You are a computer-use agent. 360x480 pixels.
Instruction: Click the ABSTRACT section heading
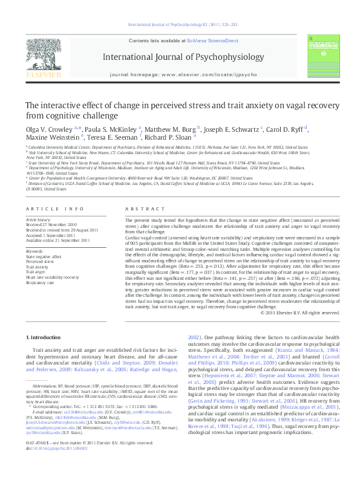click(x=138, y=209)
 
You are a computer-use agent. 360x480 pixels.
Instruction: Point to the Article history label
click(x=38, y=218)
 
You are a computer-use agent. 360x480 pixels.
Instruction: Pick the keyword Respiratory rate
click(x=40, y=282)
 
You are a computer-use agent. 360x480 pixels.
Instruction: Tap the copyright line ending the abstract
click(x=300, y=313)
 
